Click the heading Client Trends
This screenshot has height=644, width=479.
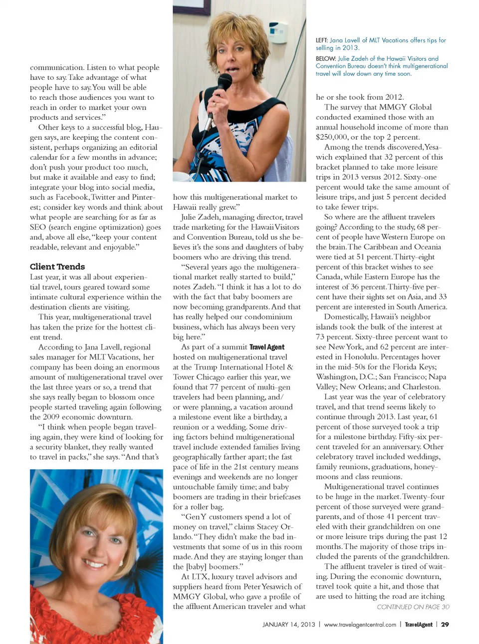tap(57, 267)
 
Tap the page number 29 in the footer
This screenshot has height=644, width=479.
tap(445, 625)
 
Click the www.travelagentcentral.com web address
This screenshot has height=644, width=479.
tap(360, 625)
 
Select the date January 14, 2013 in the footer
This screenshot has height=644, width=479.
tap(289, 625)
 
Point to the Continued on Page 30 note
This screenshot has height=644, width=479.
tap(413, 607)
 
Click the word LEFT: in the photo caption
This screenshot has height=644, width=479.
tap(322, 40)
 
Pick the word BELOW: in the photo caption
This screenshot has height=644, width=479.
tap(325, 58)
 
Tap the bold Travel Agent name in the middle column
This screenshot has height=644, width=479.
tap(267, 347)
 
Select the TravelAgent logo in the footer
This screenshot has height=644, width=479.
tap(418, 625)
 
